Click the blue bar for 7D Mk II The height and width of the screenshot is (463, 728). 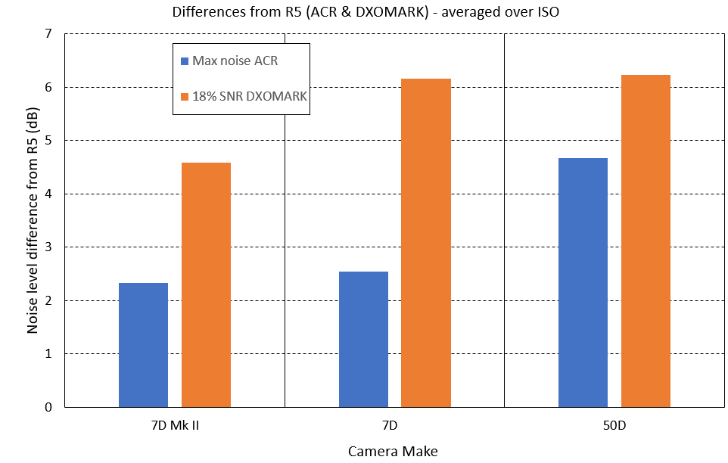143,345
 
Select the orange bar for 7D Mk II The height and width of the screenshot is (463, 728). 206,285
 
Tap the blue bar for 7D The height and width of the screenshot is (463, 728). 363,339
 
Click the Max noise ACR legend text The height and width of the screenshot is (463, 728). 235,61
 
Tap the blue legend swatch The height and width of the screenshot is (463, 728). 185,61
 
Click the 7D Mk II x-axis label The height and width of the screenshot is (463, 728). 175,426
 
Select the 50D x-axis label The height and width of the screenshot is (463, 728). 614,426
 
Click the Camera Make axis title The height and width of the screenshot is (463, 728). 393,452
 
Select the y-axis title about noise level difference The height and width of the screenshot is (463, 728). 33,219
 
